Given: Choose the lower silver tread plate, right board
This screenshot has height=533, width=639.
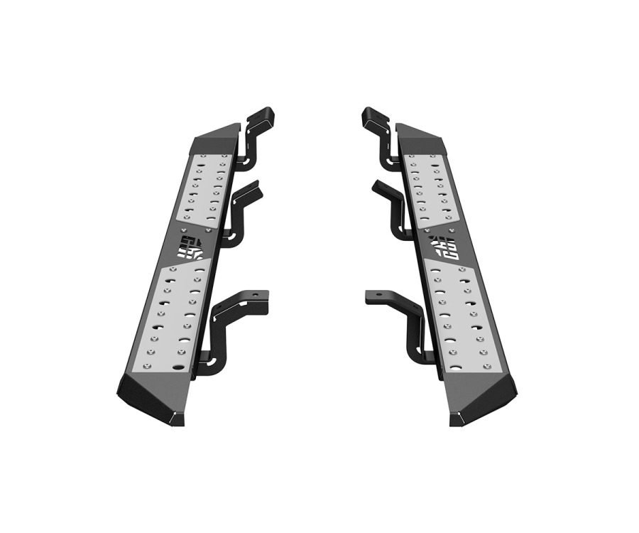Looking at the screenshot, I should pos(461,316).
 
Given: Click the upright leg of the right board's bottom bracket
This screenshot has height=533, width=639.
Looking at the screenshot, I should pos(413,334).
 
